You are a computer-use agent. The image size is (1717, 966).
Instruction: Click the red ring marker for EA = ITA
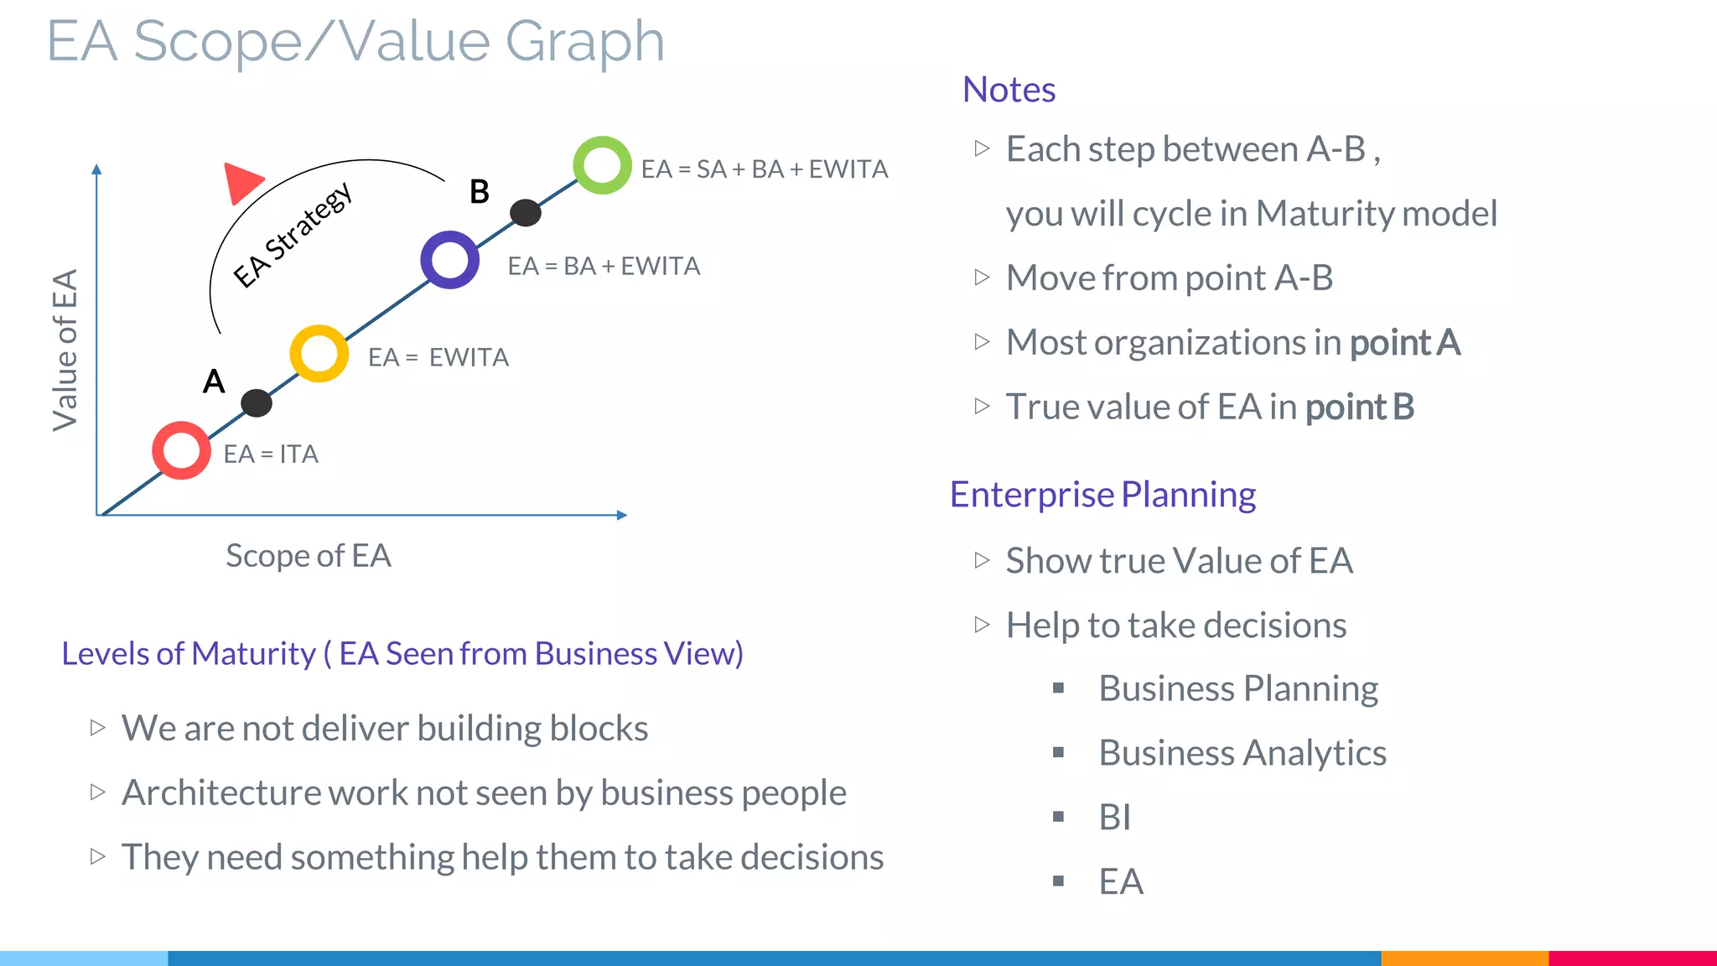(181, 450)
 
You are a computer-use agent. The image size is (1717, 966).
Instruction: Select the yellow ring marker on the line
(319, 354)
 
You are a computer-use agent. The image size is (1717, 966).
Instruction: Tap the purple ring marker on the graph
(450, 260)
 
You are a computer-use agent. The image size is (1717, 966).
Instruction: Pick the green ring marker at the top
(602, 165)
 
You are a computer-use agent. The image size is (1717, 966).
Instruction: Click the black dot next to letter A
(257, 403)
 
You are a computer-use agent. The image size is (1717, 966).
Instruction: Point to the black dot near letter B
(526, 213)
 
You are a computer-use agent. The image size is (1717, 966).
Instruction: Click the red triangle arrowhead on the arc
(242, 183)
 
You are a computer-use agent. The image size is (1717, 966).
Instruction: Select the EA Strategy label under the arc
(293, 236)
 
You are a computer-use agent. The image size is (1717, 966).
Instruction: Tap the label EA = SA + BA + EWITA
(764, 169)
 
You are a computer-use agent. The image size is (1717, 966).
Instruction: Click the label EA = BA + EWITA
(604, 267)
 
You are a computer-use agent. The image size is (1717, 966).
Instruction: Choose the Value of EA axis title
(65, 350)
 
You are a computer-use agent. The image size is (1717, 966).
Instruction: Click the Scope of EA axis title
(309, 556)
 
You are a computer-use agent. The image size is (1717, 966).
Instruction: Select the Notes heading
(1009, 90)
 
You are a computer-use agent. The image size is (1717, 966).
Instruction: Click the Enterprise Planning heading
(1102, 495)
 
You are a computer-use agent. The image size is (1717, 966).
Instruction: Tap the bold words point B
(1359, 408)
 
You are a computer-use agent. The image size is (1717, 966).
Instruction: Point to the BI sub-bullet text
(1114, 818)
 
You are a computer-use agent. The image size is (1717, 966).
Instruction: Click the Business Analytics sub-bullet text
(1242, 753)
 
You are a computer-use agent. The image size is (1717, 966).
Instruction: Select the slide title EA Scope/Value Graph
(355, 40)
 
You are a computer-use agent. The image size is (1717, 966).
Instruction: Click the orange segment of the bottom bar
(1464, 958)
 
